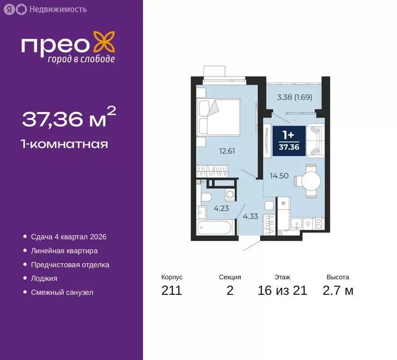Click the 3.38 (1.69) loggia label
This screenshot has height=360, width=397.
click(294, 98)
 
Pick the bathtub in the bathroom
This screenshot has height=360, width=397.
click(215, 229)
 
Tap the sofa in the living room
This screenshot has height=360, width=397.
click(316, 140)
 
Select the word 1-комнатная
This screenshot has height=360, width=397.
click(65, 144)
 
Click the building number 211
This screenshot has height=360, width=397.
click(172, 291)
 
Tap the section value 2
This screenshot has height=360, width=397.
click(230, 291)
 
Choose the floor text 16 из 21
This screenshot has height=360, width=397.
click(282, 291)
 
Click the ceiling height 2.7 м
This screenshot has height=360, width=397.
click(337, 291)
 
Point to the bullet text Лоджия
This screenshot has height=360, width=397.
click(44, 278)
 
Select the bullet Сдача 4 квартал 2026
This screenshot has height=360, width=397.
click(72, 237)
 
